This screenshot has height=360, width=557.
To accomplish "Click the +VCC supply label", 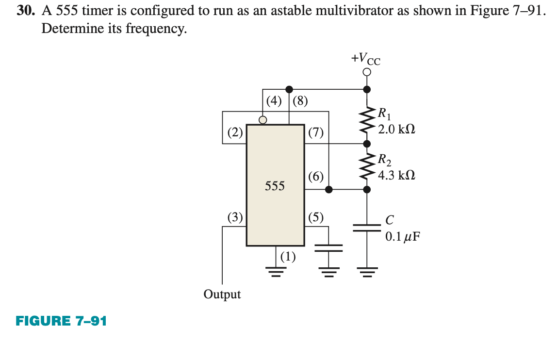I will pyautogui.click(x=366, y=59).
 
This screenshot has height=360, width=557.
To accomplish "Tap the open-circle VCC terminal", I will pyautogui.click(x=367, y=72).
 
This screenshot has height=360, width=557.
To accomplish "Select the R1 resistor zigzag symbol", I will pyautogui.click(x=367, y=116).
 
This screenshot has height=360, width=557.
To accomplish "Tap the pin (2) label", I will pyautogui.click(x=235, y=132).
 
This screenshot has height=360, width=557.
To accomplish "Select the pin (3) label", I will pyautogui.click(x=235, y=217).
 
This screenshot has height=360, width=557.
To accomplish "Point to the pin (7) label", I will pyautogui.click(x=316, y=132).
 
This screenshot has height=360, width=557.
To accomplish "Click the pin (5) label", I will pyautogui.click(x=316, y=217).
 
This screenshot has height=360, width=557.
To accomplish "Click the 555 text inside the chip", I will pyautogui.click(x=275, y=185).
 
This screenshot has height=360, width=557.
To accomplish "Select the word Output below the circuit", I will pyautogui.click(x=222, y=294).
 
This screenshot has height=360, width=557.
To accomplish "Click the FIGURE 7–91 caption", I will pyautogui.click(x=61, y=321).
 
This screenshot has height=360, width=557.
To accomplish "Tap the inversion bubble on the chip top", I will pyautogui.click(x=262, y=120).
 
